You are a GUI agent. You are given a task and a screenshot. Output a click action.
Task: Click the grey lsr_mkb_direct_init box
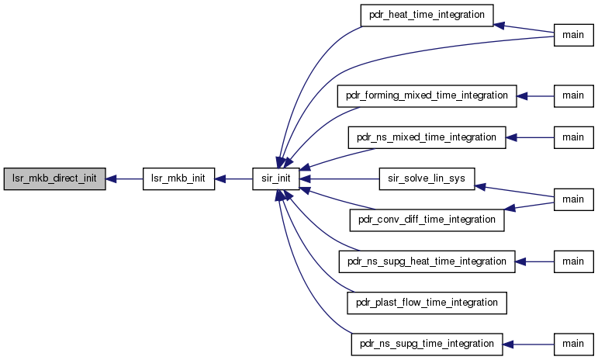click(54, 178)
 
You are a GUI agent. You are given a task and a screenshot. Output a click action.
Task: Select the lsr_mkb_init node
click(178, 178)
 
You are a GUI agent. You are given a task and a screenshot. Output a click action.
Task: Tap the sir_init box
click(276, 178)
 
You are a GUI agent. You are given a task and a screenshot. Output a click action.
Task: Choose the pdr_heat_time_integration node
click(427, 16)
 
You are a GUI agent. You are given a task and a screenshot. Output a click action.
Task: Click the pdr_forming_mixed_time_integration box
click(427, 95)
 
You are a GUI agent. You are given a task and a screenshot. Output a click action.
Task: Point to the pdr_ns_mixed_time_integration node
click(427, 137)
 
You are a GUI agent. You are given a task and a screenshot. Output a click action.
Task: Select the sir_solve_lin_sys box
click(427, 178)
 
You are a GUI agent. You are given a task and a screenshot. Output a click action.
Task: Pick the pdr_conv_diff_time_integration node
click(427, 220)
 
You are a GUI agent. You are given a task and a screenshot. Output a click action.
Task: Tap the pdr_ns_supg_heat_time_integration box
click(427, 261)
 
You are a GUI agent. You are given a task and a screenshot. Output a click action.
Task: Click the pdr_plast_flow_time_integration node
click(427, 303)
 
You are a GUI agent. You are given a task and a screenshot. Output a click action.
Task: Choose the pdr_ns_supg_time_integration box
click(427, 344)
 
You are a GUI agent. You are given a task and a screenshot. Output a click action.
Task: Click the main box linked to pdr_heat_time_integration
click(574, 35)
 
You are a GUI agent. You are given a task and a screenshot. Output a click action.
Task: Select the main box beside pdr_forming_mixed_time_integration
click(574, 95)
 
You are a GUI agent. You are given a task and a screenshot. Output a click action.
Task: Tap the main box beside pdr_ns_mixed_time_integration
click(574, 137)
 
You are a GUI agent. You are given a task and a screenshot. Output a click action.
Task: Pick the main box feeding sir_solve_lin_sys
click(574, 199)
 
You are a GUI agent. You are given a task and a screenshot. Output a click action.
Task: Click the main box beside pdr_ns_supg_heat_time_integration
click(574, 261)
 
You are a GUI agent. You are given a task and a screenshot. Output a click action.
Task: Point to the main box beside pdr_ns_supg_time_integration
click(574, 344)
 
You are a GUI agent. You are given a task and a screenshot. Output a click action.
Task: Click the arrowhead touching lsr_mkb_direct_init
click(111, 178)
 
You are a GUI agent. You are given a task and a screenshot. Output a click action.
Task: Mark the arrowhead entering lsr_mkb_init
click(220, 178)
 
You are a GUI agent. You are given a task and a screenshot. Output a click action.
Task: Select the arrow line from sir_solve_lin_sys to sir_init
click(340, 178)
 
